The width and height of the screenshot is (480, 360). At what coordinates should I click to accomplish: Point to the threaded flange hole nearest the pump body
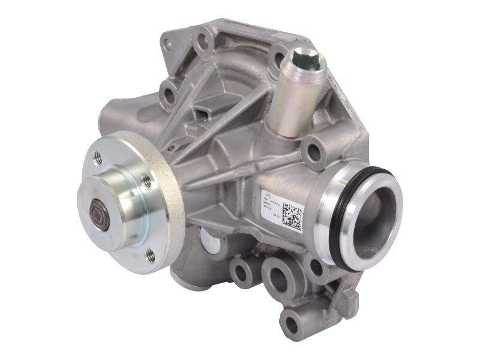tap(145, 177)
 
